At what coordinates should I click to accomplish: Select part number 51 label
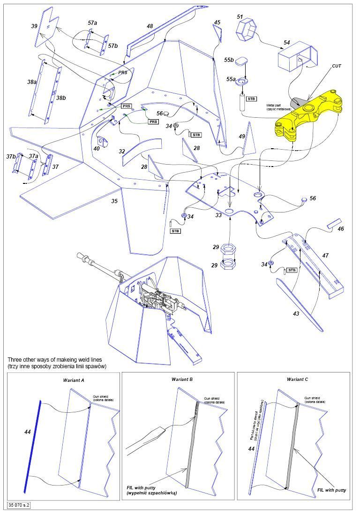[240, 17]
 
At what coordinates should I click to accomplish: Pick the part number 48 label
[150, 26]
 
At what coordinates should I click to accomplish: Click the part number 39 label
[34, 27]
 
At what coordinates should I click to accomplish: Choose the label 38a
[32, 82]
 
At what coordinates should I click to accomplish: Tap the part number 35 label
[114, 201]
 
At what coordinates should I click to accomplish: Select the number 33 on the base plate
[218, 215]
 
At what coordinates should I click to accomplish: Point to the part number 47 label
[325, 256]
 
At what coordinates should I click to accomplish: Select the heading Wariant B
[182, 379]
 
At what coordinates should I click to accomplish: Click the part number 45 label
[217, 23]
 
